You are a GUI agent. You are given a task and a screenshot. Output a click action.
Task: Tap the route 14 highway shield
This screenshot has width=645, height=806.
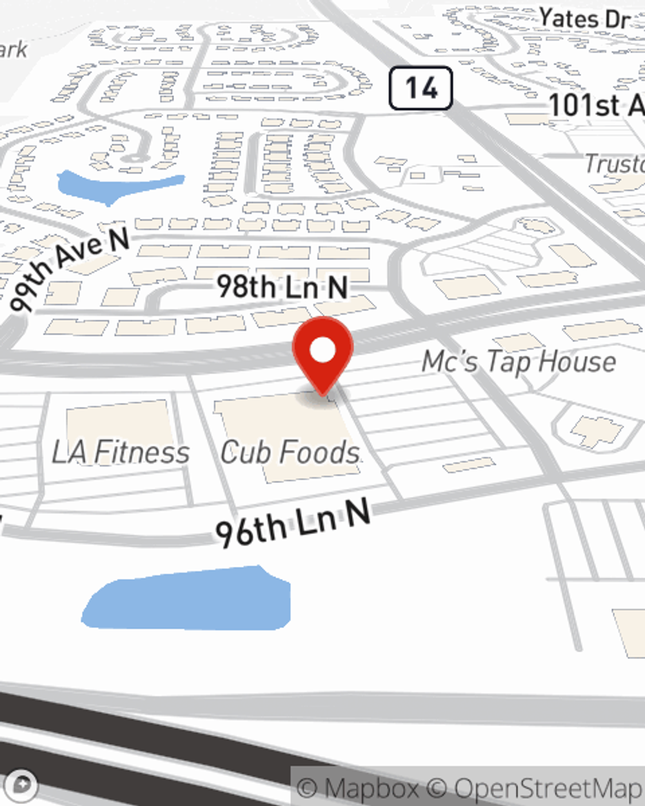421,88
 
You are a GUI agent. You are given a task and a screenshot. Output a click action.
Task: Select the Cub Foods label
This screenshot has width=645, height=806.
290,452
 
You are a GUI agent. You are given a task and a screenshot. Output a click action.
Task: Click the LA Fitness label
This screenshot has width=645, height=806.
121,452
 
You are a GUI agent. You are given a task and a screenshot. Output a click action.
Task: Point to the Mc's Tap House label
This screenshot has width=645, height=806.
519,362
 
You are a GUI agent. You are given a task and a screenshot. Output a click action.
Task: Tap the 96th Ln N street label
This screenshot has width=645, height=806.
293,522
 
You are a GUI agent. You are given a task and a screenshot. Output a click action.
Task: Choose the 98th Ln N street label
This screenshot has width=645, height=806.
282,287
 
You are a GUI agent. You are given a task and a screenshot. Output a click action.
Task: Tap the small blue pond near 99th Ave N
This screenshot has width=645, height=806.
116,184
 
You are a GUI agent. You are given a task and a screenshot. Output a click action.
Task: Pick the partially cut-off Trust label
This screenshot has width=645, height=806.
613,164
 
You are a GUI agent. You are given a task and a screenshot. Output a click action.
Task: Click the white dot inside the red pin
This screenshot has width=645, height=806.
322,350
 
